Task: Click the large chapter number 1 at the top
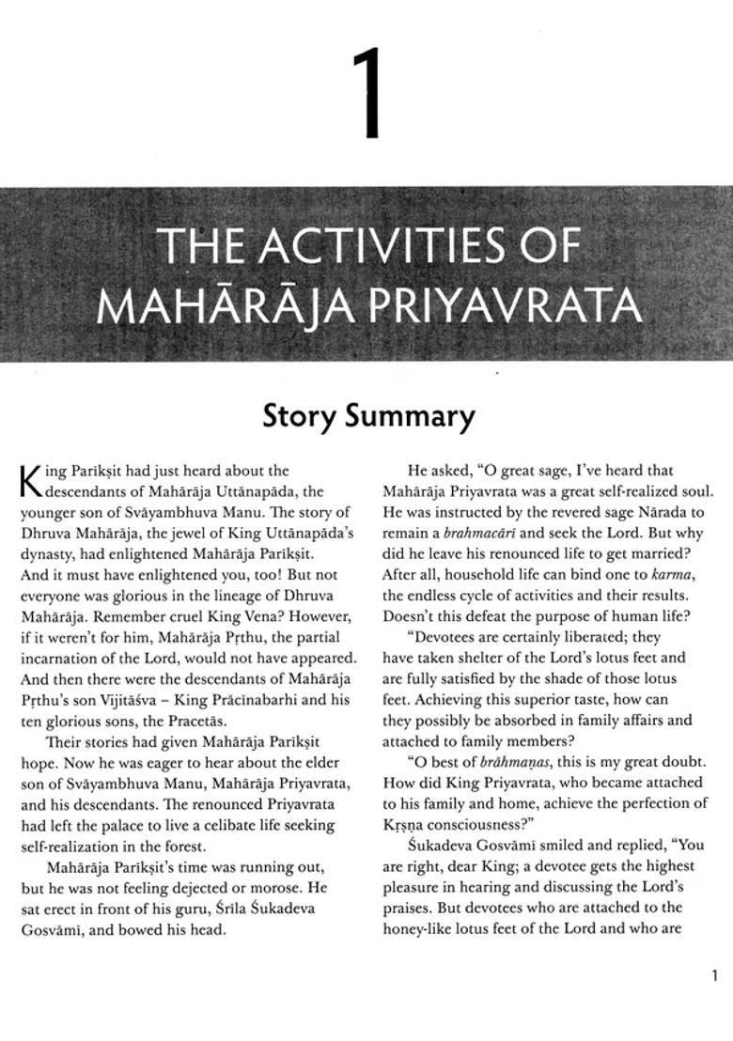367,95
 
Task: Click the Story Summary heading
368,415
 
